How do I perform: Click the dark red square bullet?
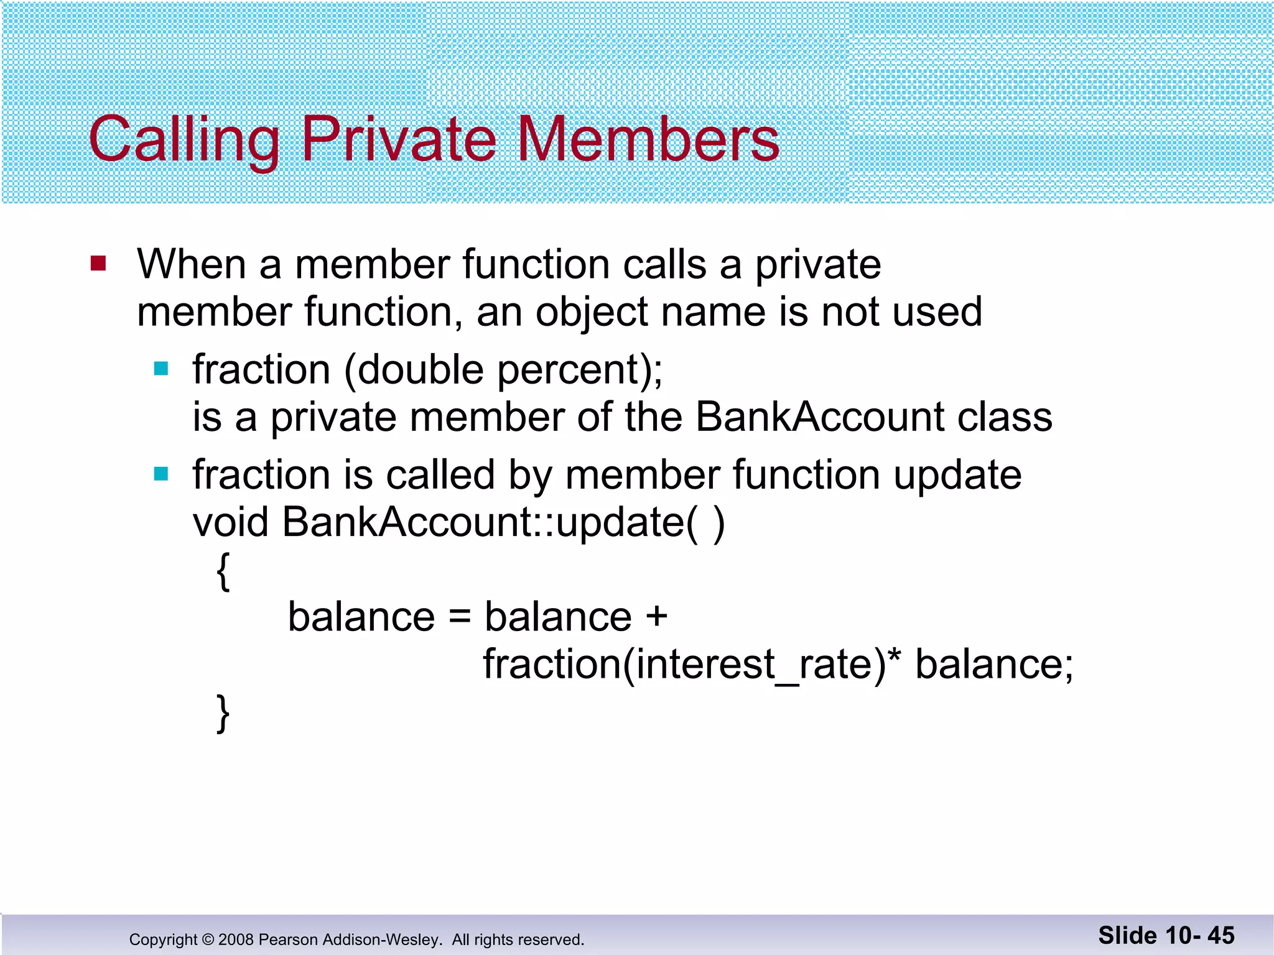98,264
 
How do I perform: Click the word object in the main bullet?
592,312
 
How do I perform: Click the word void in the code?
230,522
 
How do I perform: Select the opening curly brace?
223,571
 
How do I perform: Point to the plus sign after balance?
656,617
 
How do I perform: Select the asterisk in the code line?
894,656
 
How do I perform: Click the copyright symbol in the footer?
208,939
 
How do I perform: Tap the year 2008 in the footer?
236,939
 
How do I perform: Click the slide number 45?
1221,936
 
